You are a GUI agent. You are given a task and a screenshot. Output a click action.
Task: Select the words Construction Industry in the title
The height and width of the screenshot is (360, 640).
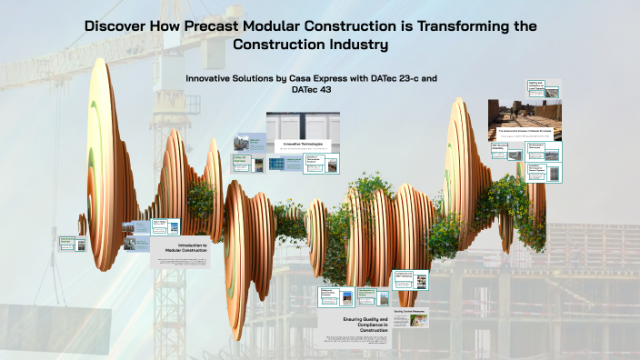point(311,44)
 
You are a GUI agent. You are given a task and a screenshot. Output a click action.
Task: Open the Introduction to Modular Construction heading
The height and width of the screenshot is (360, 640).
point(180,246)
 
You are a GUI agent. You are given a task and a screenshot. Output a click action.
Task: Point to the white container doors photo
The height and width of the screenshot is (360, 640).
point(303,125)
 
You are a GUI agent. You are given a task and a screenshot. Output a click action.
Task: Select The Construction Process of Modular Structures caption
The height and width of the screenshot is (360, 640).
point(525,132)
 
